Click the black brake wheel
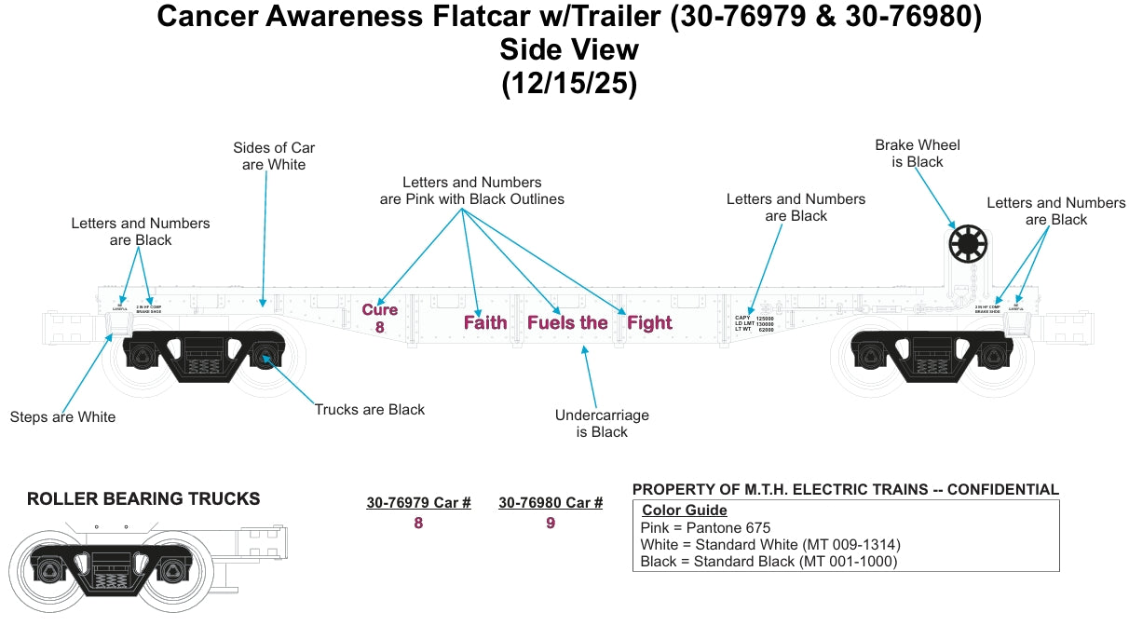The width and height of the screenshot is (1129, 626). [967, 245]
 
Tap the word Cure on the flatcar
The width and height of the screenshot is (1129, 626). [379, 309]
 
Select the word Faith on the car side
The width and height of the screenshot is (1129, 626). [485, 323]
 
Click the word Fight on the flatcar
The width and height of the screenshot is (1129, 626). [649, 323]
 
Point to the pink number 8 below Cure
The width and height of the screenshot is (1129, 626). [380, 328]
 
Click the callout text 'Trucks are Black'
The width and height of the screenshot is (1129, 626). [369, 410]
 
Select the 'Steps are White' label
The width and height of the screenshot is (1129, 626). [62, 417]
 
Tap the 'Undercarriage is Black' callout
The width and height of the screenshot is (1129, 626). [602, 424]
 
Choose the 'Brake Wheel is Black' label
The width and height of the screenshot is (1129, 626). [918, 154]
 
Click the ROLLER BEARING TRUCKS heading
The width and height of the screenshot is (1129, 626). [143, 499]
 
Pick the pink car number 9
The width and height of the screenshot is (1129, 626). [551, 524]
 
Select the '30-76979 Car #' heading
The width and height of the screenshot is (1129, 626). [418, 503]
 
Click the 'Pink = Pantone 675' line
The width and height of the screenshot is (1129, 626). [706, 528]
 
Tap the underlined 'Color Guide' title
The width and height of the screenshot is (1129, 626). [685, 510]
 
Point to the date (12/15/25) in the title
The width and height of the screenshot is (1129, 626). [568, 83]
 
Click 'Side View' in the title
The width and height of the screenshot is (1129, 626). [568, 48]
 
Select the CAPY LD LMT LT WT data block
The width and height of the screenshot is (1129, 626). [755, 323]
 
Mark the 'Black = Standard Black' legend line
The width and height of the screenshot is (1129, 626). [768, 561]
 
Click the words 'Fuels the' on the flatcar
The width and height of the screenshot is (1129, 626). [567, 323]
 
